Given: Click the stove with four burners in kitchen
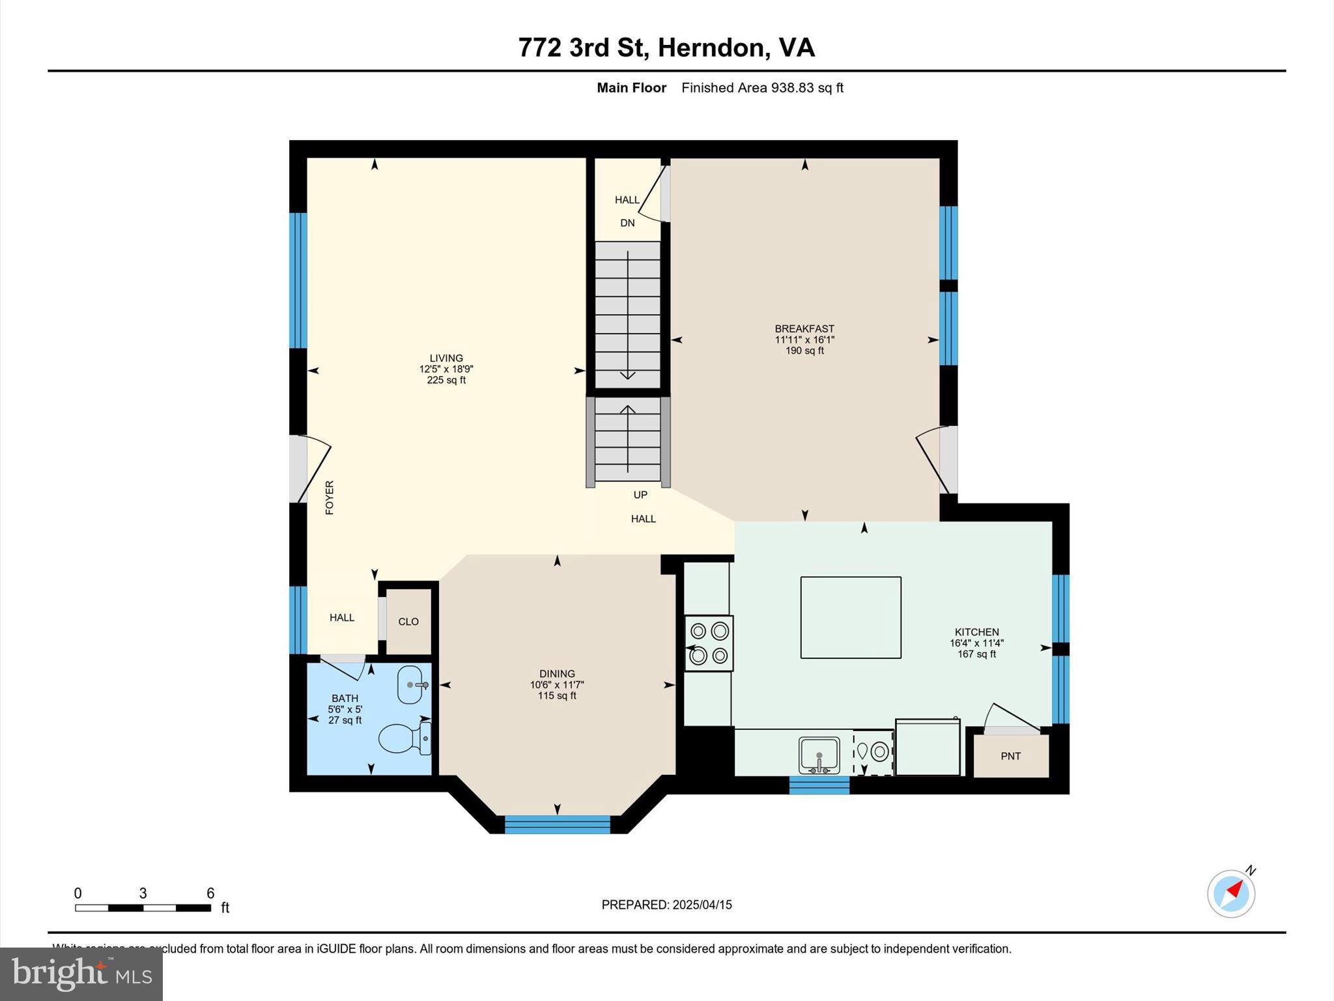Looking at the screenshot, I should click(709, 643).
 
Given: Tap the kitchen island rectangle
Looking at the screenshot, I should click(851, 617).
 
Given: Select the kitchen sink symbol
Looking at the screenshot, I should click(819, 755).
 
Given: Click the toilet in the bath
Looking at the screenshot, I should click(404, 738).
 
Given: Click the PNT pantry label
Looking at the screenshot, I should click(1010, 756).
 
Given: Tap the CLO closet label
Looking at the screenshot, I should click(408, 622).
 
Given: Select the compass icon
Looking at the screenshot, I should click(1231, 893).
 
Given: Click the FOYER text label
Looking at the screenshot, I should click(330, 497).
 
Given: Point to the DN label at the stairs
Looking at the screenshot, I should click(627, 223).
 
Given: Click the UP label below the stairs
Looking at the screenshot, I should click(640, 495).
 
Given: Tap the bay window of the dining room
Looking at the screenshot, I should click(558, 824).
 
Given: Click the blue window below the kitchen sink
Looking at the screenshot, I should click(819, 785).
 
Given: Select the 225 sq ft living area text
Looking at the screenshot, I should click(446, 380).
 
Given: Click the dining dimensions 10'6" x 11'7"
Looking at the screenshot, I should click(557, 685).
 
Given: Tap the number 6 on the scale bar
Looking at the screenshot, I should click(210, 893).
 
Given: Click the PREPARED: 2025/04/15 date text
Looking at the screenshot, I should click(666, 905).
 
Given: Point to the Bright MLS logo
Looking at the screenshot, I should click(81, 974).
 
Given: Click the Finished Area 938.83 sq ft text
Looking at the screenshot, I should click(762, 88).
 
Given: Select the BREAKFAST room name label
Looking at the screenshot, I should click(804, 329).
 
